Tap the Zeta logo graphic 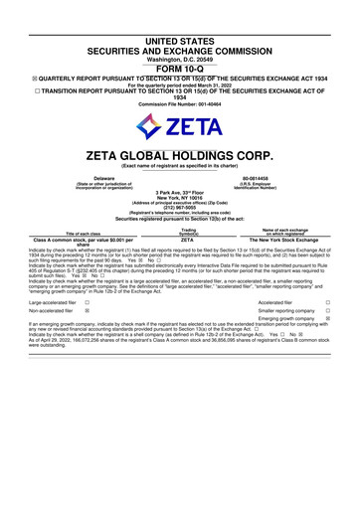pos(180,126)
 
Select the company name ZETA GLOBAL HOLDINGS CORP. pos(180,156)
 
